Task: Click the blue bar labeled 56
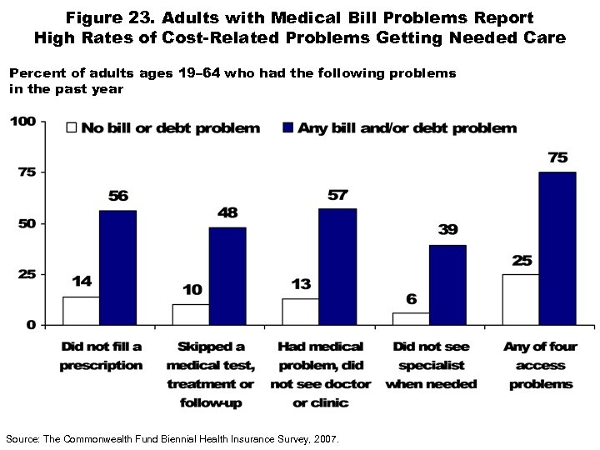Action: click(x=117, y=267)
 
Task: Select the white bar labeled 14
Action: click(x=81, y=310)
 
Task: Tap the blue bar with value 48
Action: click(x=227, y=276)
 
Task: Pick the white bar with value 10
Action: click(x=191, y=314)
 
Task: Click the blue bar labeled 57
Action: click(x=337, y=267)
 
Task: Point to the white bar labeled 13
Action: click(x=301, y=311)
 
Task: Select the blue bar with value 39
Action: click(x=447, y=285)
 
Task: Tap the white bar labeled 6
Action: click(x=411, y=318)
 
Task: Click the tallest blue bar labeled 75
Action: click(x=557, y=248)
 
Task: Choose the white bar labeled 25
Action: click(x=521, y=299)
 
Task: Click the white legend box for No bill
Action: click(x=72, y=128)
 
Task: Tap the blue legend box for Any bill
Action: click(x=289, y=128)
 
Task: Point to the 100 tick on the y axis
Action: click(x=22, y=122)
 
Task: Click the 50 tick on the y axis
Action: click(x=26, y=223)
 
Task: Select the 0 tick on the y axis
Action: click(x=30, y=325)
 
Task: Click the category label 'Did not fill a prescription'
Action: click(x=101, y=356)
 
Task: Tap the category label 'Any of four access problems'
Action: click(x=540, y=365)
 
